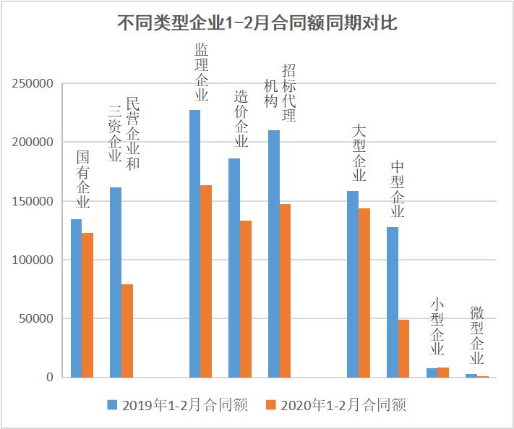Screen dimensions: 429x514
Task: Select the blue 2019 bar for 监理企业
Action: [194, 243]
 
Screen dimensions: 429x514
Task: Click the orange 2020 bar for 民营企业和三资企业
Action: [127, 331]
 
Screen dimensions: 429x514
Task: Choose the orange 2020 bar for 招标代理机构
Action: [286, 290]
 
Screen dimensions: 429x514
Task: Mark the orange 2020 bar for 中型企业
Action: [403, 348]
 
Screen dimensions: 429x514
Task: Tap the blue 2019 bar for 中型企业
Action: [393, 302]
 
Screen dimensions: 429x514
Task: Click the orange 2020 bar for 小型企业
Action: [443, 372]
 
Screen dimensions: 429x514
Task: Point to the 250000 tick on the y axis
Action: [33, 84]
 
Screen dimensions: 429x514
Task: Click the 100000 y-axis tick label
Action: [33, 260]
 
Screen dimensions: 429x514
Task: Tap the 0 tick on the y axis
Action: [49, 377]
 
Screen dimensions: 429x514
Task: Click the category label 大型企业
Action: [359, 153]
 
